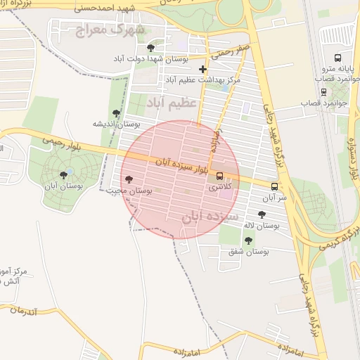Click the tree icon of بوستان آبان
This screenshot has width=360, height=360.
(x=64, y=175)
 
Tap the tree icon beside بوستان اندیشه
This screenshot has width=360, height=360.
(x=116, y=113)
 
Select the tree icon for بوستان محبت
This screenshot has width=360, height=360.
(x=128, y=179)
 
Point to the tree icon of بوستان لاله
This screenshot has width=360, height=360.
(x=262, y=215)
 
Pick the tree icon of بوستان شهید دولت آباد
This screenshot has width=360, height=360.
(x=150, y=48)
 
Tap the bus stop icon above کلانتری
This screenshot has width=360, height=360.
(x=219, y=176)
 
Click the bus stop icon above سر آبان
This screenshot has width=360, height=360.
(x=274, y=187)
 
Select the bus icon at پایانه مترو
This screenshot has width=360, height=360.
(x=338, y=58)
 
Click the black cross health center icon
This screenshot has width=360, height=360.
(x=203, y=69)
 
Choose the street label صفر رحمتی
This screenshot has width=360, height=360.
(x=229, y=51)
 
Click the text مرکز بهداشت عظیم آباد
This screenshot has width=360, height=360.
(x=202, y=80)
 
